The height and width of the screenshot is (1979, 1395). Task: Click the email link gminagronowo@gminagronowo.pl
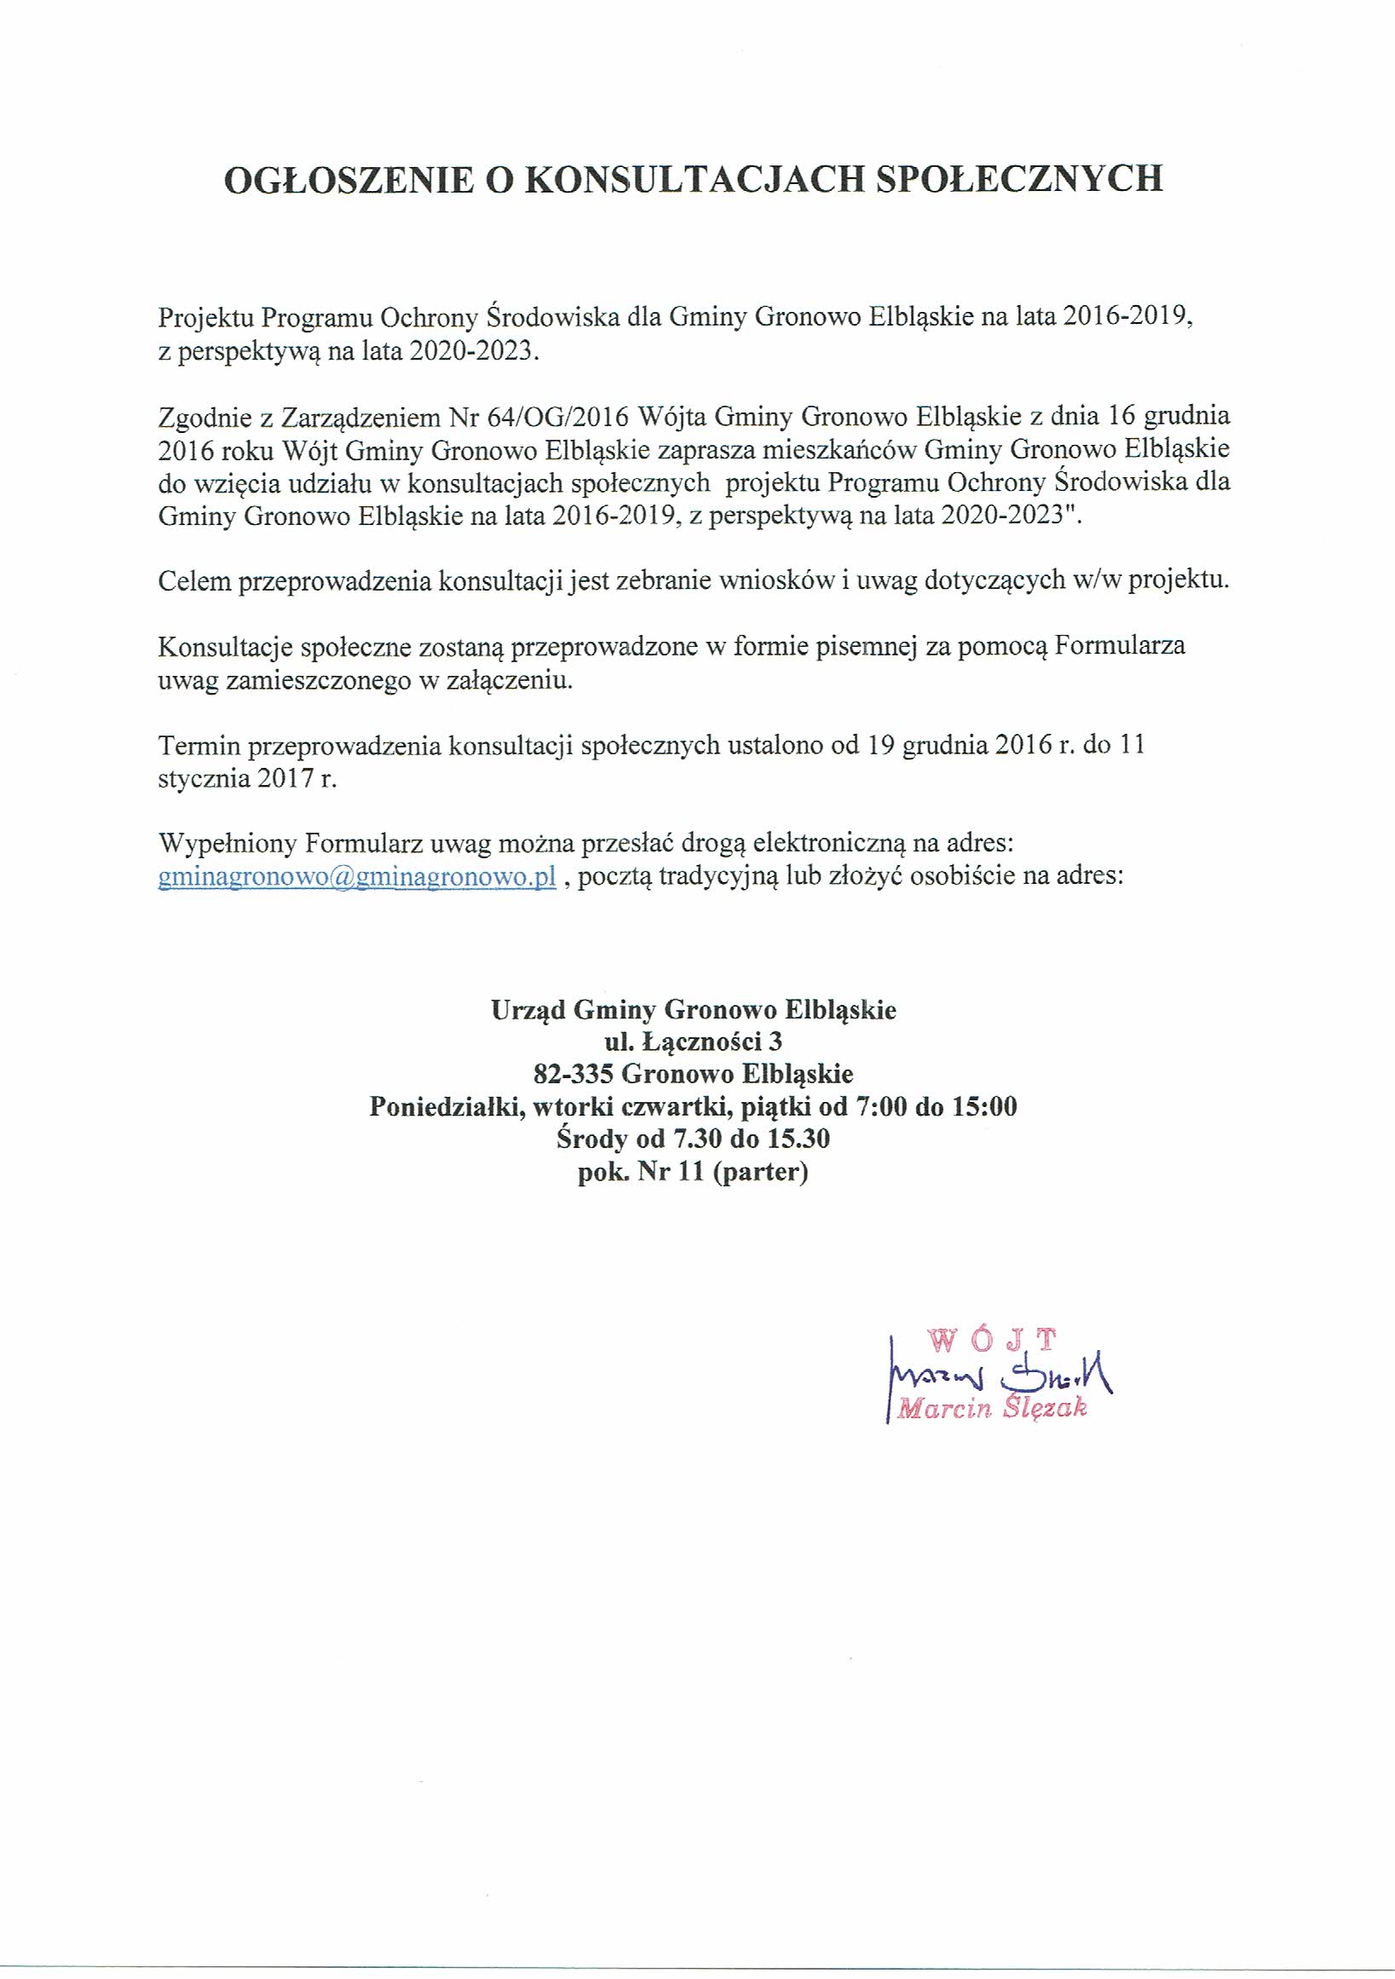[358, 878]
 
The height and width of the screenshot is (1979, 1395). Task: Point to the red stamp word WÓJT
[993, 1339]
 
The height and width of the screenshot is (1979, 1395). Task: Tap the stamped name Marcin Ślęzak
[992, 1409]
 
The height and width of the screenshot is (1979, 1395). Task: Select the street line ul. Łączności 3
[693, 1042]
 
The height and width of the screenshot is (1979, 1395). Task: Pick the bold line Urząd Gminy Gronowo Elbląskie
[694, 1009]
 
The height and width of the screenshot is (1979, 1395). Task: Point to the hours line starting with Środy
[693, 1140]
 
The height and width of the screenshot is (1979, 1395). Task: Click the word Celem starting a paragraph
[195, 581]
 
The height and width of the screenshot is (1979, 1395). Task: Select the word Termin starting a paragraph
[199, 745]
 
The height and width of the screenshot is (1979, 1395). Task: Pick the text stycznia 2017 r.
[247, 778]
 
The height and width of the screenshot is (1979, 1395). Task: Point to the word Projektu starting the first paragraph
[205, 319]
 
